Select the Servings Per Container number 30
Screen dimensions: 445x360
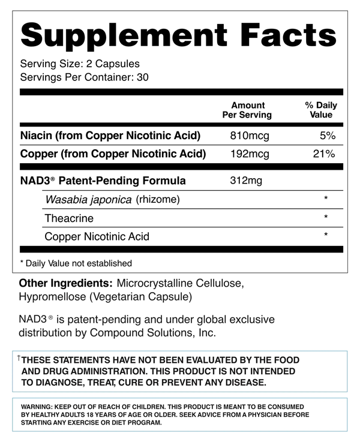point(142,77)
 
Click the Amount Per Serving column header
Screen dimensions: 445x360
point(247,110)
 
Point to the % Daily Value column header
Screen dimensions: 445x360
point(321,110)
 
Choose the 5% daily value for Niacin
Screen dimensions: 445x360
point(327,136)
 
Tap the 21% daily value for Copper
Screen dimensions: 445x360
point(324,154)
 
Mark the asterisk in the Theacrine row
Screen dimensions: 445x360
point(326,217)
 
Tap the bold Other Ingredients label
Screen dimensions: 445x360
point(66,282)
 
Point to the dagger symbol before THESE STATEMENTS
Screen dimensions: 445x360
point(19,358)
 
